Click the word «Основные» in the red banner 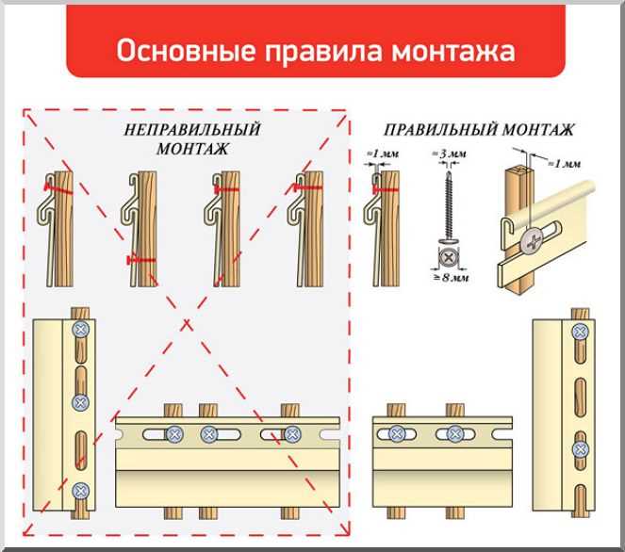tap(175, 50)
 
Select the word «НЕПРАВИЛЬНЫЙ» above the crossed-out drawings tap(192, 130)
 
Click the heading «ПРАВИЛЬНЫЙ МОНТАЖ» tap(479, 130)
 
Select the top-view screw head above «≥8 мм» tap(449, 255)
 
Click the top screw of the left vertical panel tap(80, 330)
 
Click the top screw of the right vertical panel tap(581, 329)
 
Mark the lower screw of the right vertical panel tap(581, 449)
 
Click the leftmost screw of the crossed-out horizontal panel tap(175, 434)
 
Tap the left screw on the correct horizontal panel tap(397, 434)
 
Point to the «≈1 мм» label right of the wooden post tap(567, 164)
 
